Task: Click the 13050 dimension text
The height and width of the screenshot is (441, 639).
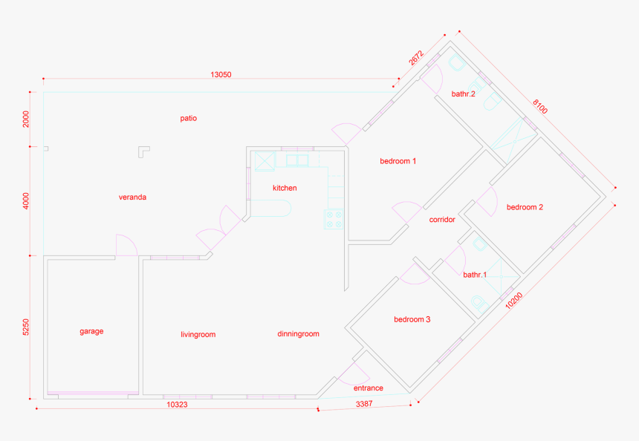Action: [x=221, y=74]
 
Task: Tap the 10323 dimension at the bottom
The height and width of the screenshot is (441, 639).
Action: [x=178, y=405]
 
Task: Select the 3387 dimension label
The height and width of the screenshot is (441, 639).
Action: [x=364, y=404]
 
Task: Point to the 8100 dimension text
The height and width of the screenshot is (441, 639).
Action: [x=540, y=107]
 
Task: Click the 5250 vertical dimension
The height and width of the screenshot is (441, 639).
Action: [x=26, y=327]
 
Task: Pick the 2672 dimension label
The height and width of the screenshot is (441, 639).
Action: [x=416, y=58]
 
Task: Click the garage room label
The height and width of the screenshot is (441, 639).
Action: [x=91, y=331]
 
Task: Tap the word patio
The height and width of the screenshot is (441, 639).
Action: [x=188, y=119]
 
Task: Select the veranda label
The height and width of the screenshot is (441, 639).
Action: [x=132, y=197]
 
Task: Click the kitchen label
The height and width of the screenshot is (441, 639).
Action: [x=285, y=188]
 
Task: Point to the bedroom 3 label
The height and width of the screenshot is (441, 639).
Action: [x=412, y=319]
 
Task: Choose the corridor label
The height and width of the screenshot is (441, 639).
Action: [x=442, y=220]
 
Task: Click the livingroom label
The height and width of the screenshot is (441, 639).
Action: [x=198, y=335]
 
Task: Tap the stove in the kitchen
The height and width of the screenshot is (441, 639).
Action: [x=334, y=219]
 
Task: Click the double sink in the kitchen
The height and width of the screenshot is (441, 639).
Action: [x=297, y=160]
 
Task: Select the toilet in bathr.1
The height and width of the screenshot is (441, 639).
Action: [x=480, y=304]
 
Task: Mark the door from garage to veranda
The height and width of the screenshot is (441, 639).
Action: [x=126, y=245]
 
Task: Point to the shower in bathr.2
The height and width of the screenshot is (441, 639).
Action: [x=513, y=140]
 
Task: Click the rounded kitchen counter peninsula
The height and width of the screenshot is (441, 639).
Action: [x=270, y=208]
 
